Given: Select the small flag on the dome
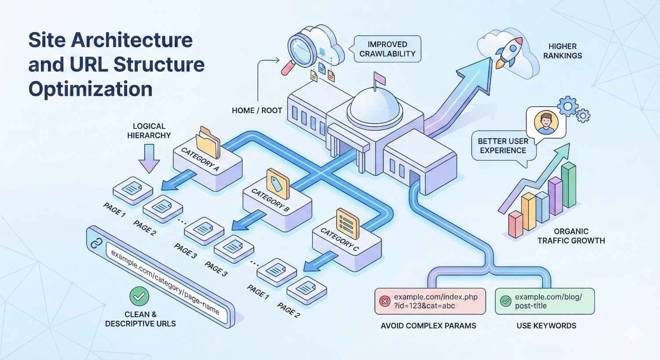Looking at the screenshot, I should coord(379,78).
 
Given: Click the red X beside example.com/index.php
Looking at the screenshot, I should coord(385,301).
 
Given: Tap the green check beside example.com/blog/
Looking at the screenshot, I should coord(506,301).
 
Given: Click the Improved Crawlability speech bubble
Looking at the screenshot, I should coord(387,49).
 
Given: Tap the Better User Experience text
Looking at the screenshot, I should coord(502,146).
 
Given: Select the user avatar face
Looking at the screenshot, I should coord(546,122).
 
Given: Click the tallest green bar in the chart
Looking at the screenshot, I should coord(568,185).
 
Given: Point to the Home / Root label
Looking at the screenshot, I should coord(257,110).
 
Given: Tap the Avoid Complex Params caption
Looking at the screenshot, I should coord(428,326).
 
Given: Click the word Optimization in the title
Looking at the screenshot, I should coord(90,89).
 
